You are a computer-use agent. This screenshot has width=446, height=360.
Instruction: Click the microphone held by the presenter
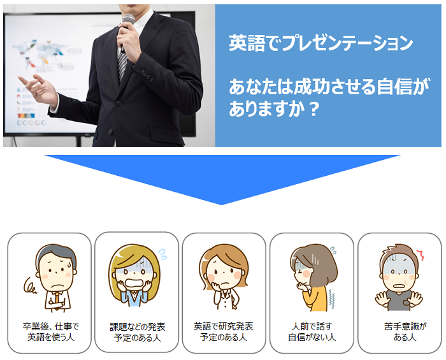[127, 29]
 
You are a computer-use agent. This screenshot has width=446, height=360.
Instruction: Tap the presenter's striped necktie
[122, 64]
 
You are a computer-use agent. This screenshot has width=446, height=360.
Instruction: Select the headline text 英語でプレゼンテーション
[321, 43]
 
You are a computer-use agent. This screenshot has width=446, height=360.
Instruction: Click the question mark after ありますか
[313, 109]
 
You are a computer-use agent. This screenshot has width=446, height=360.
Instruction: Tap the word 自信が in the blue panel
[403, 87]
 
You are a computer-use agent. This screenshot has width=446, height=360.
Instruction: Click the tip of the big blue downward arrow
[221, 205]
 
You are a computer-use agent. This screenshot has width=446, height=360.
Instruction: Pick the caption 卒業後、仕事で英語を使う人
[50, 331]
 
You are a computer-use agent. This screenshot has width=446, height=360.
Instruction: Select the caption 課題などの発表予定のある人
[138, 332]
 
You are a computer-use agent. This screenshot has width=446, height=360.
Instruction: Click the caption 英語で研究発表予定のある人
[224, 331]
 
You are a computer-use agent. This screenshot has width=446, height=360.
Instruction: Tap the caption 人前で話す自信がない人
[312, 331]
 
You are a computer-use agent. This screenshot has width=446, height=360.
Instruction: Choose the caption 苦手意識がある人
[405, 331]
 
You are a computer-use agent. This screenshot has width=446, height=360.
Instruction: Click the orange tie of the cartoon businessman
[57, 299]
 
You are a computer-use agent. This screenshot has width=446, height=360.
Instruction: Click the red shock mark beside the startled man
[421, 255]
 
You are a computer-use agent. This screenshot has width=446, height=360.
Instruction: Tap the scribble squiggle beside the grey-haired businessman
[30, 286]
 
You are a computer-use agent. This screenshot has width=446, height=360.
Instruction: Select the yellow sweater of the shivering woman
[316, 299]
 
